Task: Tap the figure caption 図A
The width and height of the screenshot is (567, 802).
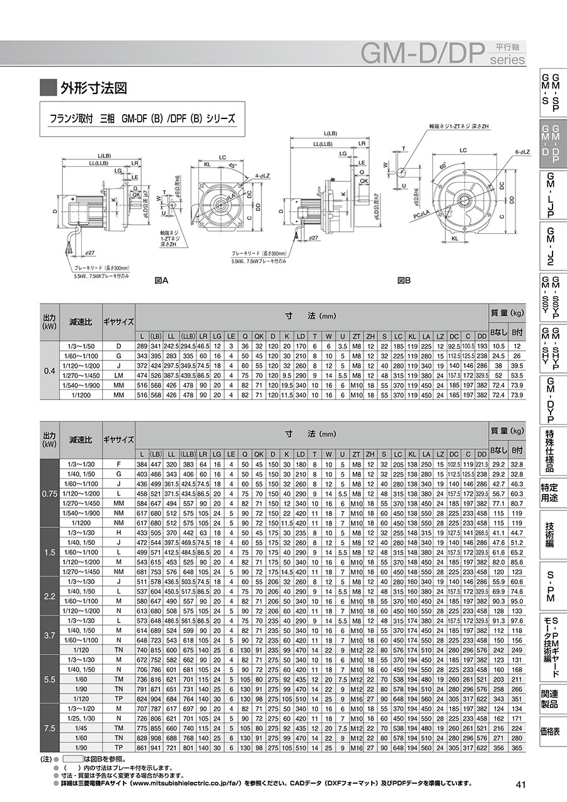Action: pos(161,282)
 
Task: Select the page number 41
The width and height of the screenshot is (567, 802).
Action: pos(520,784)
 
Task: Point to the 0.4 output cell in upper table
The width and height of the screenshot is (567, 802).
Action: pos(49,370)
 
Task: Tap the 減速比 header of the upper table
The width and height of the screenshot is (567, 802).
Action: pos(81,322)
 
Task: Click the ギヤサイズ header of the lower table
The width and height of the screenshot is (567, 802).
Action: pos(118,440)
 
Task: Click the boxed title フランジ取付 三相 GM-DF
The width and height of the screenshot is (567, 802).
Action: pos(142,118)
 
